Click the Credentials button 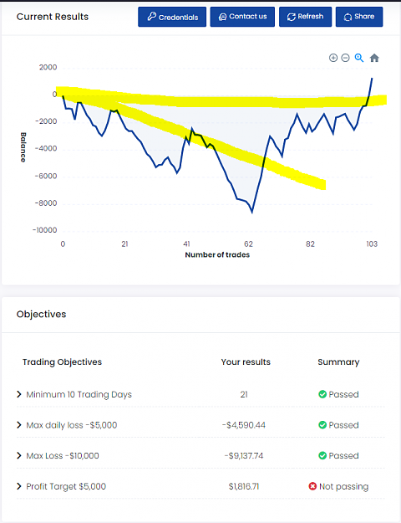click(x=172, y=17)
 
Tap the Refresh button click(x=305, y=17)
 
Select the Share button click(x=359, y=17)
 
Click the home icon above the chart click(x=374, y=58)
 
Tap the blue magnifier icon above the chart click(x=359, y=58)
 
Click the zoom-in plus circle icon click(x=333, y=58)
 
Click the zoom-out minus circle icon click(x=346, y=58)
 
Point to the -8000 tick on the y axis click(x=46, y=203)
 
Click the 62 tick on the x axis click(x=248, y=244)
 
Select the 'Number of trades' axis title click(x=217, y=255)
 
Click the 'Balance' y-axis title click(x=23, y=147)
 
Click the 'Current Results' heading click(x=53, y=17)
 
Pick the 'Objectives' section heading click(x=41, y=314)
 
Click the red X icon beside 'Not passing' click(x=312, y=487)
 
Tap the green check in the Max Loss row click(x=322, y=455)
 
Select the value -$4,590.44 click(x=244, y=425)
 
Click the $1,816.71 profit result click(x=244, y=487)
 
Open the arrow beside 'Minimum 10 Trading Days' click(x=19, y=395)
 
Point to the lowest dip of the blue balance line click(x=252, y=213)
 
